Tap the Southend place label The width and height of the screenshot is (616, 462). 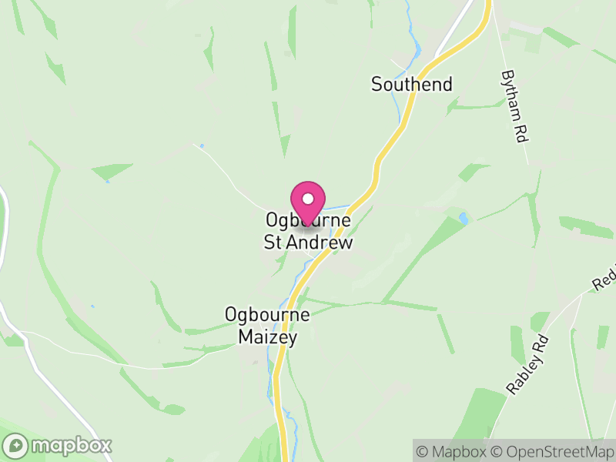pos(411,84)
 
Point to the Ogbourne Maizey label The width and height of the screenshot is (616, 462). pos(267,326)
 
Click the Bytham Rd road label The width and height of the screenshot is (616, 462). pos(513,106)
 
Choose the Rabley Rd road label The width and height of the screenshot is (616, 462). pos(528,365)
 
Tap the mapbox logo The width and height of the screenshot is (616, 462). pos(58,445)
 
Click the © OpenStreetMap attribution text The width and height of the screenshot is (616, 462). pos(551,451)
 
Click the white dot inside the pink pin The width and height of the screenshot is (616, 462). pos(308,198)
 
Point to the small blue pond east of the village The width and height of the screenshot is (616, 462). pos(462,218)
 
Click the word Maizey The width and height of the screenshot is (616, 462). pos(267,336)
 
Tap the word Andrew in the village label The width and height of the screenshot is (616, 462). pos(320,243)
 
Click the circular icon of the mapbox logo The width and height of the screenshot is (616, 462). pos(16,445)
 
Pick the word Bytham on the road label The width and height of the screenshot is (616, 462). pos(510,95)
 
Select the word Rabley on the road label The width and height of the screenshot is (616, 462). pos(524,373)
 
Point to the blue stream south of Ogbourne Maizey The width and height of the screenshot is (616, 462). pos(271,385)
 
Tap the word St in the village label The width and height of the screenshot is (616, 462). pos(274,243)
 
